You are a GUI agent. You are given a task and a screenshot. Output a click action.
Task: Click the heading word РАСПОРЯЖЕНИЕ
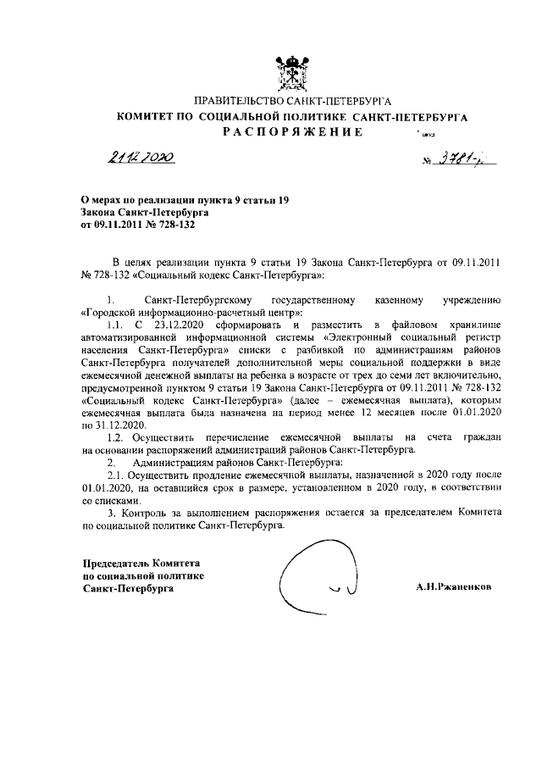point(293,132)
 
